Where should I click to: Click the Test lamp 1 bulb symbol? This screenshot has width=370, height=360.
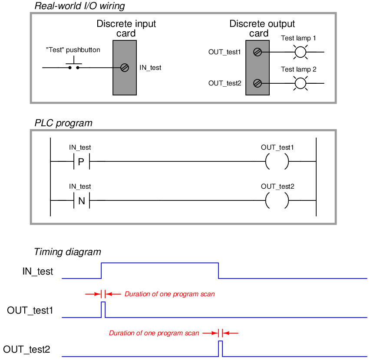(301, 52)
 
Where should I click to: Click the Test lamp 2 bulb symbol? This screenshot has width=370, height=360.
(301, 83)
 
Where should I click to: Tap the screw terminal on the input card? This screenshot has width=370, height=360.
(125, 68)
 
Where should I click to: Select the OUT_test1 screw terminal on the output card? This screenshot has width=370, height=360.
(258, 52)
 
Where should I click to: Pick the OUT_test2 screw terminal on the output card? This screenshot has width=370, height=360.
(258, 83)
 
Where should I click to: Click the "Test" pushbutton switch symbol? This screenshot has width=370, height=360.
(74, 64)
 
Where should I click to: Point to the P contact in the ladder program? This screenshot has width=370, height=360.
(81, 162)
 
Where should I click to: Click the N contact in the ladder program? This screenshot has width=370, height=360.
(81, 201)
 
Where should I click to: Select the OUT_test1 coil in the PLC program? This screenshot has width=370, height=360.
(266, 162)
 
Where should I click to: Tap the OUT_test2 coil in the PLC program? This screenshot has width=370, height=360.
(266, 201)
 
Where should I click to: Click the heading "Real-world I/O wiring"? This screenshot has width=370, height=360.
(80, 6)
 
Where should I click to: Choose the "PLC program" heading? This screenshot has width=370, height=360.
(63, 123)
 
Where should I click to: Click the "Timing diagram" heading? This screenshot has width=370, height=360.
(67, 252)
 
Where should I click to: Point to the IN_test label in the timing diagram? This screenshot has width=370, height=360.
(38, 272)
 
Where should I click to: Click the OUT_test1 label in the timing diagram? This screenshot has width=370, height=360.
(30, 311)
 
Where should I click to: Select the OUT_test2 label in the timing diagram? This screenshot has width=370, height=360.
(26, 350)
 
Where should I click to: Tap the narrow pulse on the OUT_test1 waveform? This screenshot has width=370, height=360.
(103, 302)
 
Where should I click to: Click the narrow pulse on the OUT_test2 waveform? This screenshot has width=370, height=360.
(221, 341)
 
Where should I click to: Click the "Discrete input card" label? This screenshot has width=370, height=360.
(126, 29)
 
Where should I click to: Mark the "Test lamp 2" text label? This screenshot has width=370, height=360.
(298, 69)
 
